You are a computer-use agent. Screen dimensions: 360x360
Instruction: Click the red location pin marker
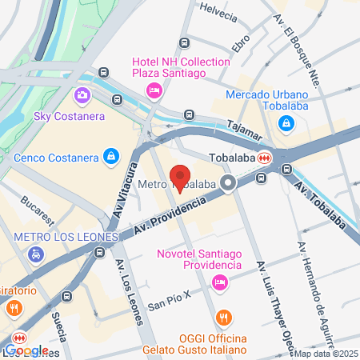[x=181, y=178]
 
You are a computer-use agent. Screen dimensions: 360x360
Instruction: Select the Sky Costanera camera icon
[x=82, y=96]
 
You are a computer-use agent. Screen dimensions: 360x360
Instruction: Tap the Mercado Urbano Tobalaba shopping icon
[x=286, y=124]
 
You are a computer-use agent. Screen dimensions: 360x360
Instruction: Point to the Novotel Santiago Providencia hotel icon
[x=218, y=282]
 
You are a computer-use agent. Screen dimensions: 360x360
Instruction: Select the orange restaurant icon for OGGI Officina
[x=226, y=318]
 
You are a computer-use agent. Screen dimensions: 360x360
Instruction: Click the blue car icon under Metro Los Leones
[x=35, y=255]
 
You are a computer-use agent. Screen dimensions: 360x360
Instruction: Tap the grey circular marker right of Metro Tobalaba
[x=229, y=183]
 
